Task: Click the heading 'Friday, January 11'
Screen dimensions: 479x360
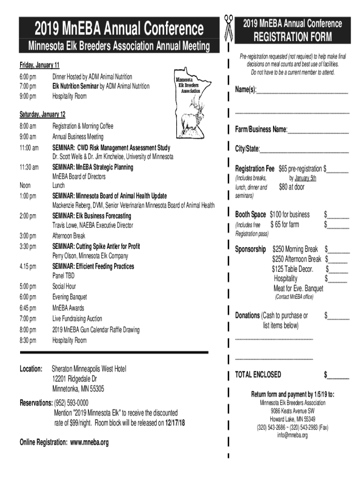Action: [x=39, y=65]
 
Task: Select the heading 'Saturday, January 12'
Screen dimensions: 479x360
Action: [x=42, y=115]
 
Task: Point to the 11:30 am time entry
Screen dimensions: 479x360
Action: [x=29, y=167]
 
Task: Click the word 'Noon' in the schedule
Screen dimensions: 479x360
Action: [x=25, y=186]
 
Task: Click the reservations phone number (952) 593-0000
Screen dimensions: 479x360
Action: [x=71, y=403]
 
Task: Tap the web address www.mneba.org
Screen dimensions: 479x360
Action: [x=89, y=442]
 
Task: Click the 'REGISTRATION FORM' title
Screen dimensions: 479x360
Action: [x=292, y=36]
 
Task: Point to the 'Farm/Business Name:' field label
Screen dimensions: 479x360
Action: [x=261, y=129]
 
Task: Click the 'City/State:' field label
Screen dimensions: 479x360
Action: [x=247, y=149]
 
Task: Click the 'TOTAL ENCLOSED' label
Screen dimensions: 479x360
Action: [x=258, y=374]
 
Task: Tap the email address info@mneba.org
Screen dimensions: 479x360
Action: [x=292, y=435]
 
